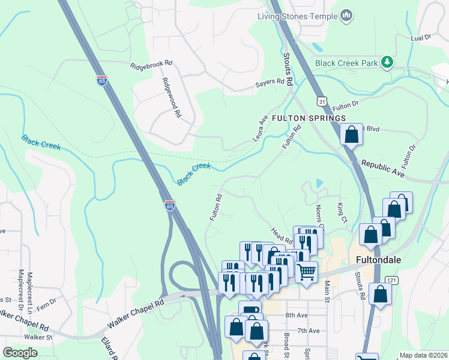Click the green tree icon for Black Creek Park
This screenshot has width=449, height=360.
tap(388, 62)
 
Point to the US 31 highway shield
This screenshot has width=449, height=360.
tap(322, 103)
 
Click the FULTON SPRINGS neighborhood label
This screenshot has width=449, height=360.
tap(309, 118)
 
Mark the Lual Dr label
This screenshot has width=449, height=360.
tap(421, 37)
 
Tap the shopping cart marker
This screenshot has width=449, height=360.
tap(307, 272)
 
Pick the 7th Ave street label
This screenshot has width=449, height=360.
tap(308, 331)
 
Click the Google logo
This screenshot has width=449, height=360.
tap(20, 353)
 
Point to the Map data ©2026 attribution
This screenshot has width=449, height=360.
tap(423, 355)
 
